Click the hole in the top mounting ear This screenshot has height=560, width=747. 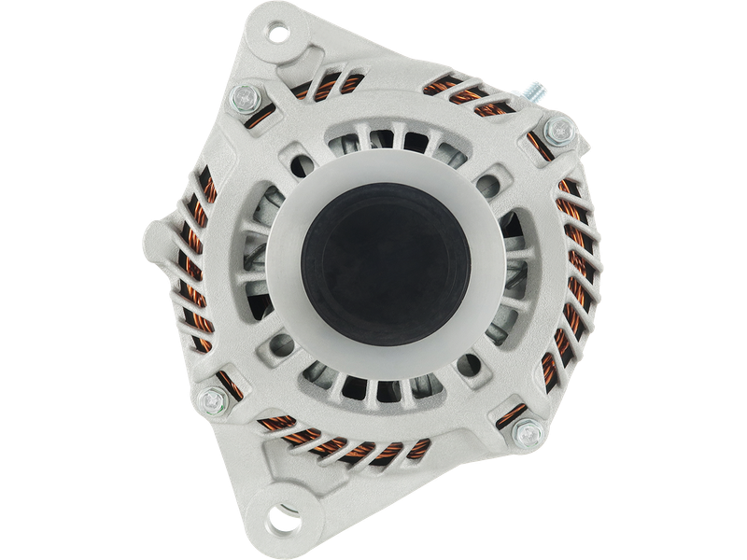279,35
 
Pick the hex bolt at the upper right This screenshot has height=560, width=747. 557,130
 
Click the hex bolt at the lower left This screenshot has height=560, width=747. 210,401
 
